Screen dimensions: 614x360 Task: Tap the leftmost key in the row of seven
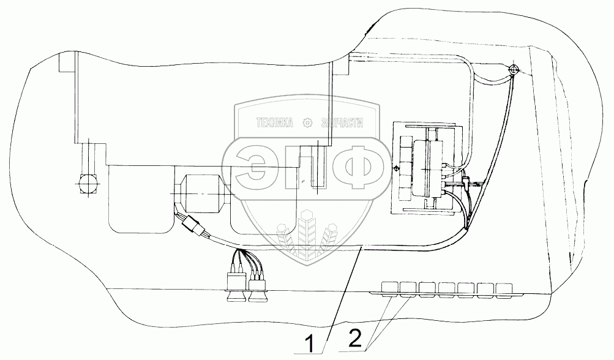coord(390,287)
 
